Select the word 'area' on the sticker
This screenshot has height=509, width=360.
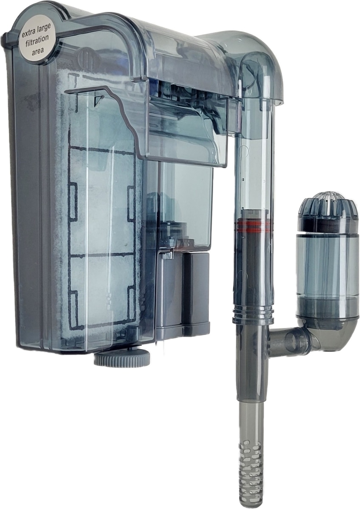[38, 50]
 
